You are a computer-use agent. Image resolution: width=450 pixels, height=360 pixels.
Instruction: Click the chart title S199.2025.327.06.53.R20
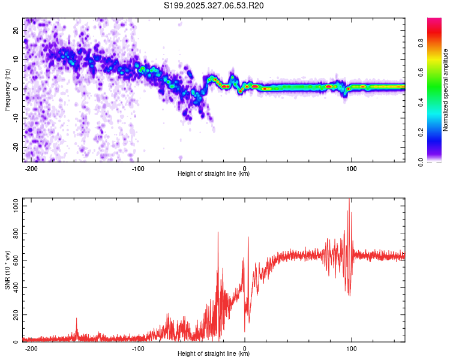[x=214, y=5]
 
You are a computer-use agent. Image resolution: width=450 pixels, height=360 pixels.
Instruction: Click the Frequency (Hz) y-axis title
[x=7, y=89]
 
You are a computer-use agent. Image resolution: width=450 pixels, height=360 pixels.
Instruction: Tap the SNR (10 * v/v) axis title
[x=7, y=270]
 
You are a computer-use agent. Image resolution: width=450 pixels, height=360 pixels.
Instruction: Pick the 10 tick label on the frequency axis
[x=16, y=59]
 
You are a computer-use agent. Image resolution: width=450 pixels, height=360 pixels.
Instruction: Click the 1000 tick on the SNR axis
[x=13, y=206]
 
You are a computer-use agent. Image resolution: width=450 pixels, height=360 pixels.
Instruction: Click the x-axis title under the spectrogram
[x=214, y=174]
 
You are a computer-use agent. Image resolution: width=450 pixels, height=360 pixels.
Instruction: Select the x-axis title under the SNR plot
[x=214, y=354]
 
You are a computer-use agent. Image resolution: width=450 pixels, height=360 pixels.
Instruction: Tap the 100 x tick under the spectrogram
[x=352, y=169]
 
